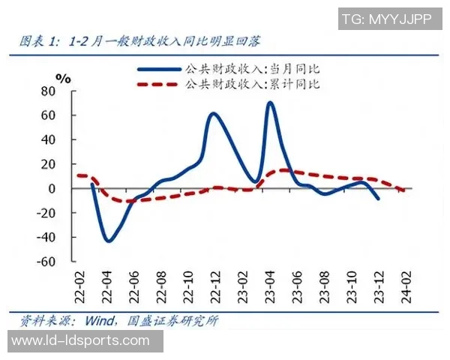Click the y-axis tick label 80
pyautogui.click(x=49, y=91)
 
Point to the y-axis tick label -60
pyautogui.click(x=46, y=262)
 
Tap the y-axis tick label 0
pyautogui.click(x=52, y=189)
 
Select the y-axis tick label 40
pyautogui.click(x=49, y=140)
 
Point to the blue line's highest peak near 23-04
pyautogui.click(x=270, y=103)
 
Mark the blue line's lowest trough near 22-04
pyautogui.click(x=109, y=241)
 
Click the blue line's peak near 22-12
pyautogui.click(x=214, y=113)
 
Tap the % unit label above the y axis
pyautogui.click(x=63, y=77)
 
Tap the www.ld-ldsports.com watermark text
pyautogui.click(x=81, y=341)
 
